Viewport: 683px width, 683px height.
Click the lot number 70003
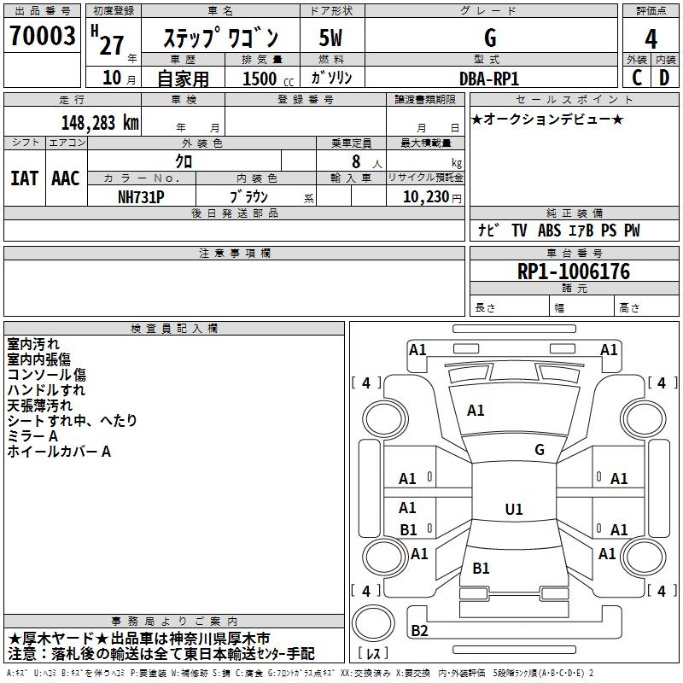42,37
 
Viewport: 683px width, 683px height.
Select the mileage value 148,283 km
100,122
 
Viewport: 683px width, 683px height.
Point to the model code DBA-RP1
489,78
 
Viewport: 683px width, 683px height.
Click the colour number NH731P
141,196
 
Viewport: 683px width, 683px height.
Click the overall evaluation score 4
651,38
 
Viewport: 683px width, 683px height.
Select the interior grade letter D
664,78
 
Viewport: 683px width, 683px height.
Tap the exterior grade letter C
637,78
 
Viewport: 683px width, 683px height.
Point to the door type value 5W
331,38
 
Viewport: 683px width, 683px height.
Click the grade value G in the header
489,38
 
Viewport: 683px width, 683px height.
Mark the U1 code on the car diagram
513,510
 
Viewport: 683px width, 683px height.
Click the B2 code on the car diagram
419,631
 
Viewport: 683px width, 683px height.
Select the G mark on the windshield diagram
539,450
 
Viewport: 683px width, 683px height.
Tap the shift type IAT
24,178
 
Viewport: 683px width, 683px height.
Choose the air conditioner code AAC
65,178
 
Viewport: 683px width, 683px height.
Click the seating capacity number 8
353,161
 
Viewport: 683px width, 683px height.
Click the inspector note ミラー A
32,436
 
